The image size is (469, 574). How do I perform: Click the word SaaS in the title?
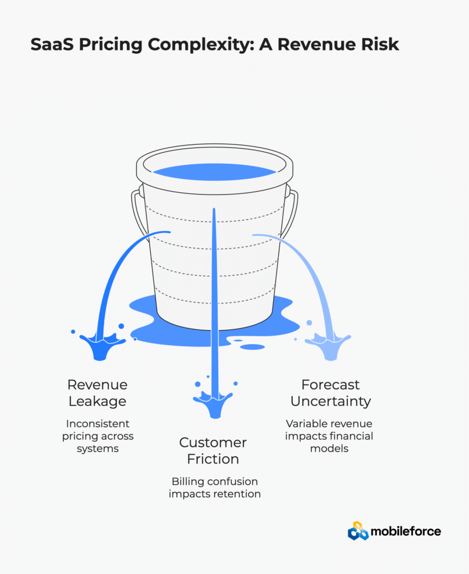[x=52, y=45]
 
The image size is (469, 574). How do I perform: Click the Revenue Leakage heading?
[x=97, y=393]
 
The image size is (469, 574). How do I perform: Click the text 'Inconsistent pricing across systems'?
[x=98, y=436]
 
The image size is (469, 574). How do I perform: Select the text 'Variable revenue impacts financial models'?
[x=329, y=436]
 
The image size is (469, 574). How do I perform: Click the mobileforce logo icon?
[x=358, y=531]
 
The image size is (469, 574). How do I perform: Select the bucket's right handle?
[x=292, y=213]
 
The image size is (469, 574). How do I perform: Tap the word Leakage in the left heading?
[x=97, y=401]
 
